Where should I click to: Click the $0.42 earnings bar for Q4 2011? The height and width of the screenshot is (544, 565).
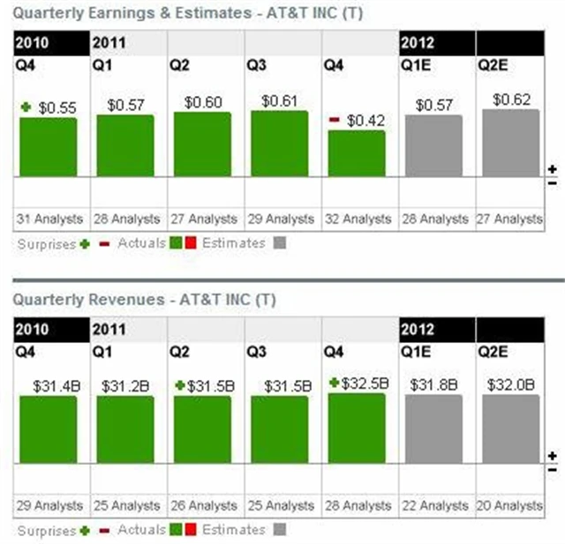tap(357, 153)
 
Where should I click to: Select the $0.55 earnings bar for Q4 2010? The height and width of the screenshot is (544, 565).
tap(49, 146)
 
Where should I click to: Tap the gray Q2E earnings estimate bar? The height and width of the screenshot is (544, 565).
tap(510, 143)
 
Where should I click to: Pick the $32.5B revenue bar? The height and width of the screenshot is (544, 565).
tap(357, 428)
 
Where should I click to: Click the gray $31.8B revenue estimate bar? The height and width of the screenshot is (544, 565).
tap(433, 428)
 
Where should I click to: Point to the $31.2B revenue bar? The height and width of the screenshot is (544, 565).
tap(125, 429)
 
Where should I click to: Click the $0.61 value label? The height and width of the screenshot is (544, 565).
tap(279, 101)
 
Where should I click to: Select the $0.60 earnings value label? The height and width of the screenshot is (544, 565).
tap(202, 103)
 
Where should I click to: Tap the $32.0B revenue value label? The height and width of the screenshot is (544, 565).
tap(509, 385)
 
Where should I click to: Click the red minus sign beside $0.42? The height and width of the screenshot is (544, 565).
tap(335, 120)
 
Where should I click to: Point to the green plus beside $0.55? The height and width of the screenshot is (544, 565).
tap(26, 108)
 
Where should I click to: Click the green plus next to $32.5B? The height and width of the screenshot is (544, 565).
tap(335, 384)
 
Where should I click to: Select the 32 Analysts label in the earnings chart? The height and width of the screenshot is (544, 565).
tap(357, 219)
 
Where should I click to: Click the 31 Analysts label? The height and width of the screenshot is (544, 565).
tap(49, 219)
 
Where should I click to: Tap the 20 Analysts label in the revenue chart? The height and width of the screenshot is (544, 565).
tap(509, 506)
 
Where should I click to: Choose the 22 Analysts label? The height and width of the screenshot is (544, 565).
tap(433, 506)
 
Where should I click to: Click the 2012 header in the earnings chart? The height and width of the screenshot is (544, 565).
tap(418, 41)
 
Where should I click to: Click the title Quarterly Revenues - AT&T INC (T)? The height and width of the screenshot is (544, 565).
tap(145, 300)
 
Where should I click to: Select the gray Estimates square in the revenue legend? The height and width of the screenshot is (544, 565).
tap(281, 530)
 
